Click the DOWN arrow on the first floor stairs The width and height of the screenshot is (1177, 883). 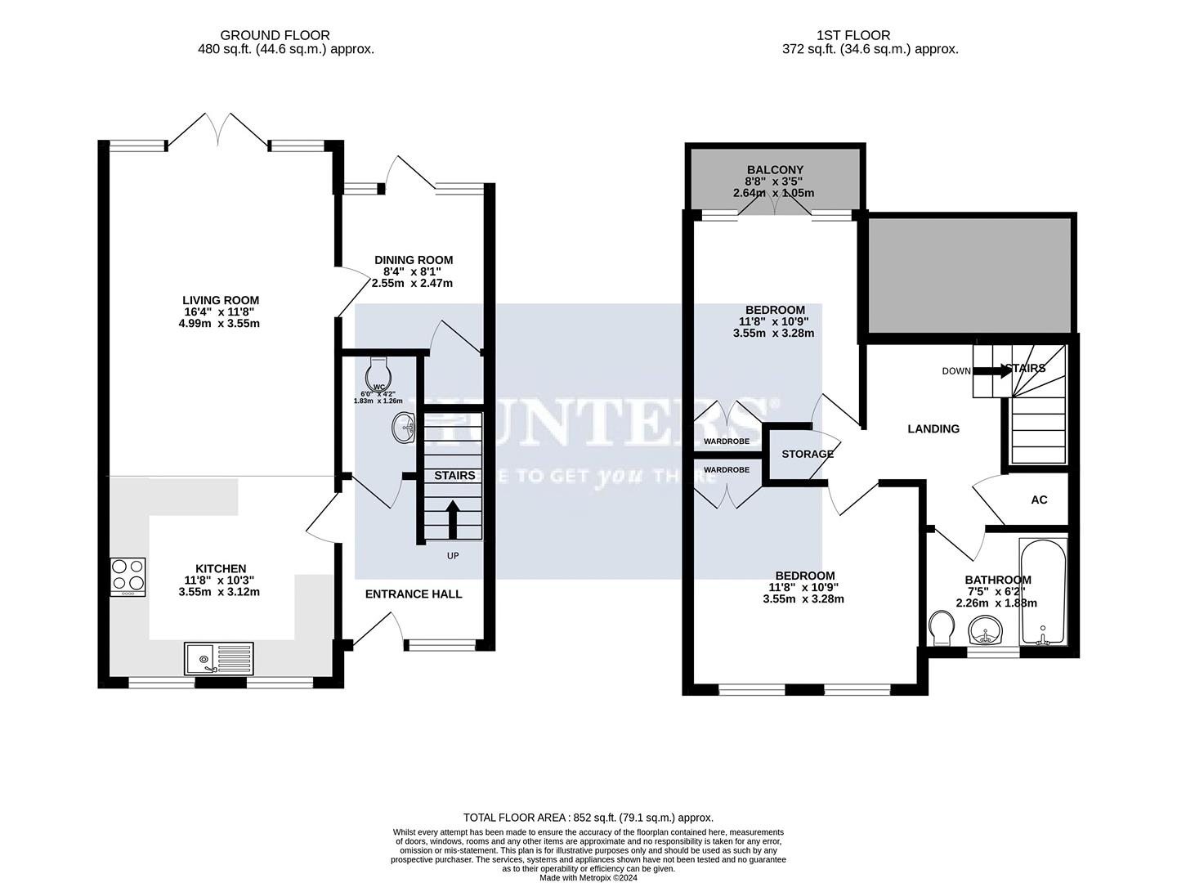pos(991,370)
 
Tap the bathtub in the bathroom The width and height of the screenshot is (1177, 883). pos(1042,591)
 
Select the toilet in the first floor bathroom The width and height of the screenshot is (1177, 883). pos(942,629)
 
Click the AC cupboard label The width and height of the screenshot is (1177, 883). pos(1039,500)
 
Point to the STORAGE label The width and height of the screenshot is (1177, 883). pos(808,454)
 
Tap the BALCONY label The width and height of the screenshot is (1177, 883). pos(774,170)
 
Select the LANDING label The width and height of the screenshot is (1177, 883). pos(933,428)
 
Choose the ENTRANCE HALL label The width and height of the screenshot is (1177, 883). pos(413,594)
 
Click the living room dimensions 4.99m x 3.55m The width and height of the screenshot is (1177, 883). pos(220,323)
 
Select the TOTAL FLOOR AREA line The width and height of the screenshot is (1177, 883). pos(588,817)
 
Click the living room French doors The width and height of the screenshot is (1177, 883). pos(218,131)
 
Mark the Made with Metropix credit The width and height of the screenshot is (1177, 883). pos(588,878)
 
